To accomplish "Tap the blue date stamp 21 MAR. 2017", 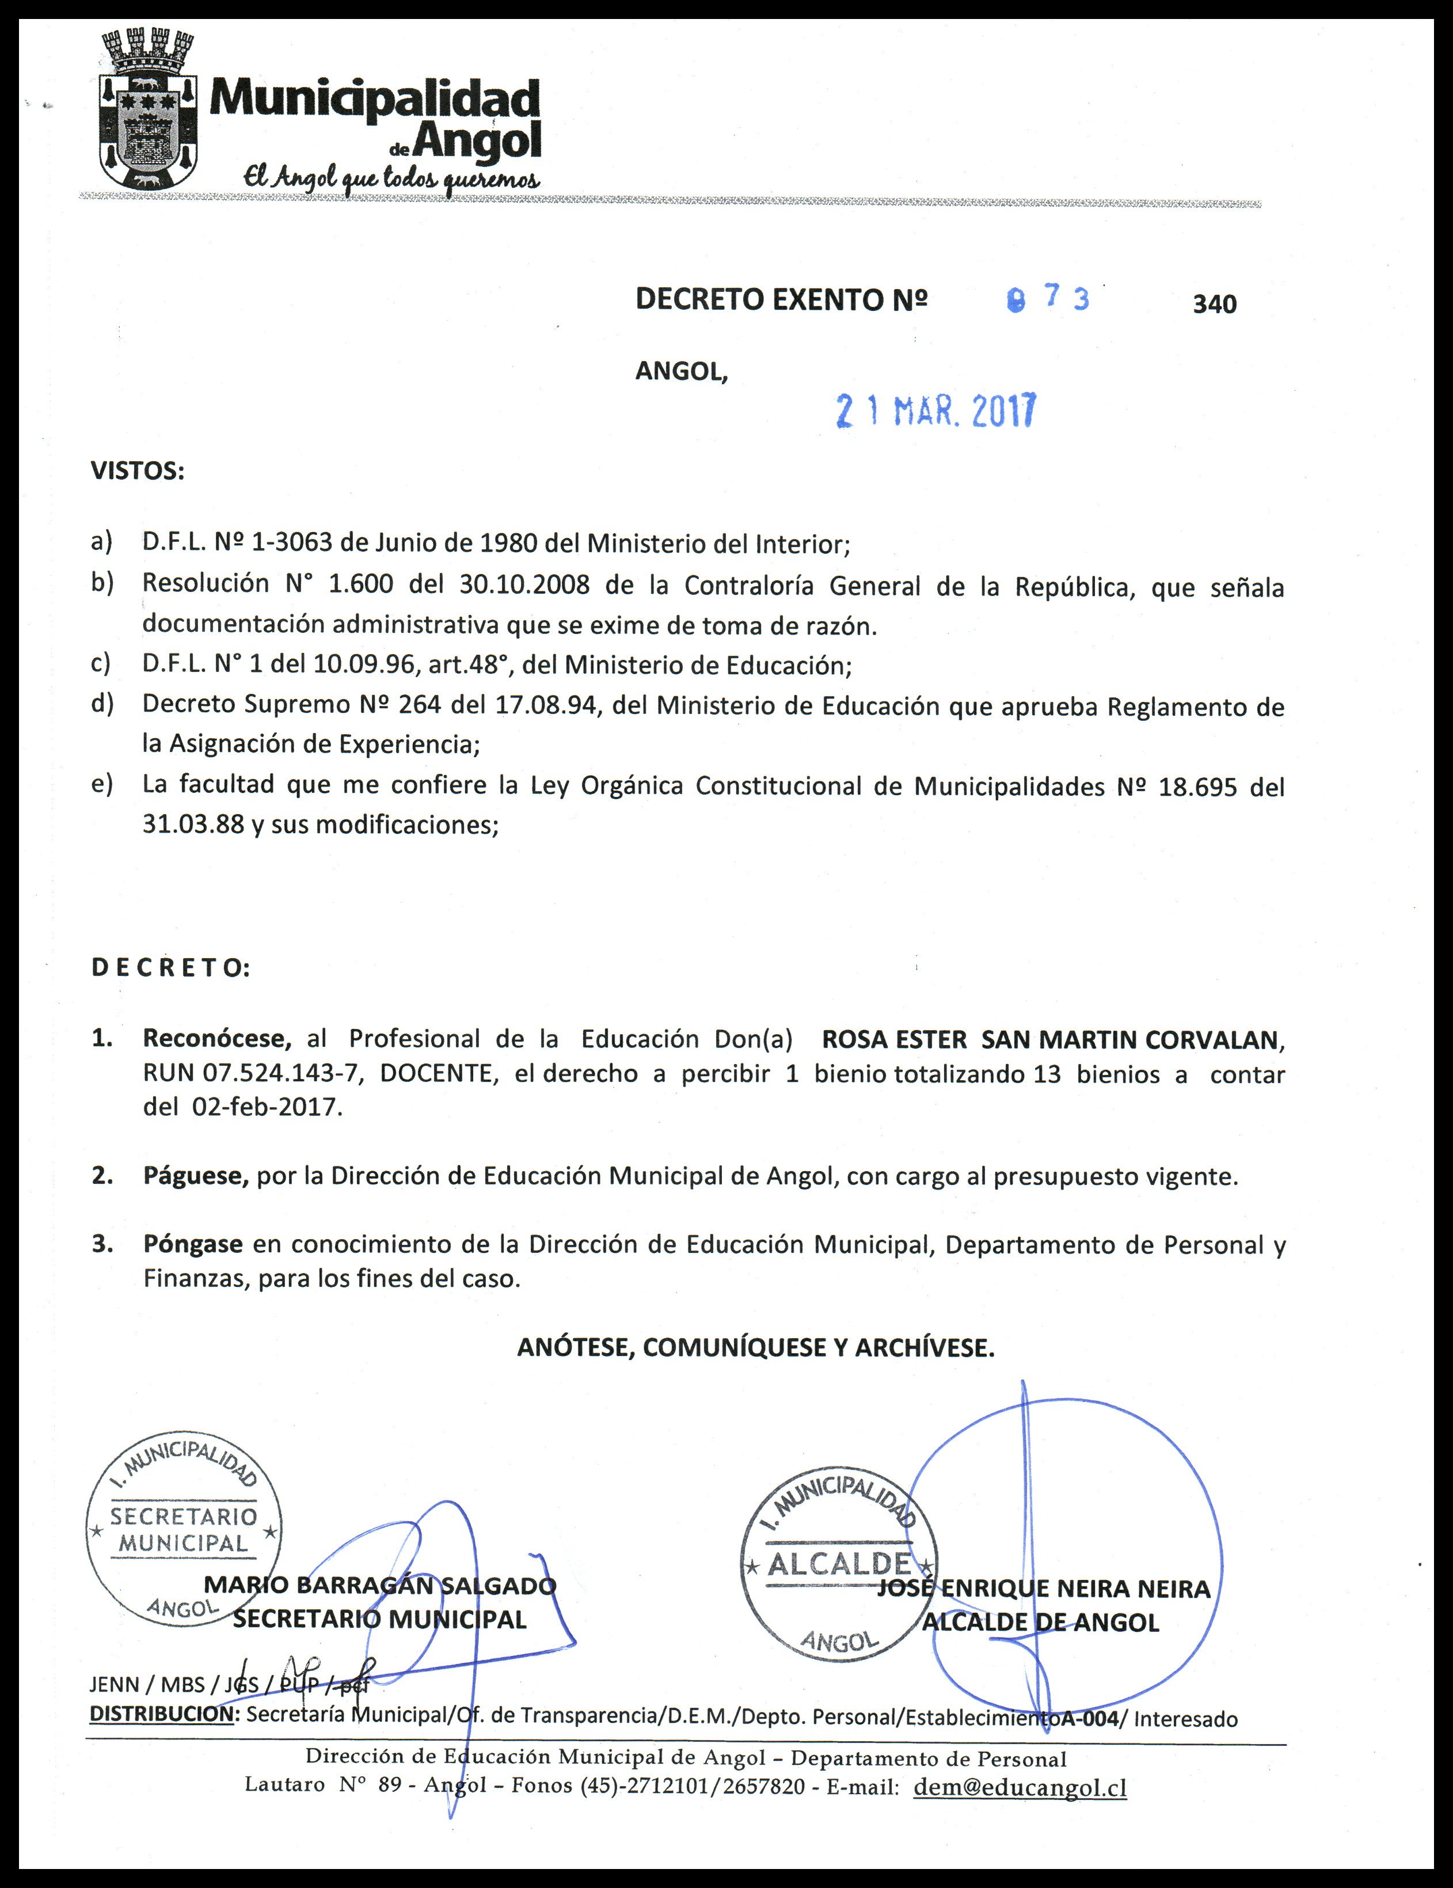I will tap(935, 412).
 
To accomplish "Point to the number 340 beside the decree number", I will tap(1215, 304).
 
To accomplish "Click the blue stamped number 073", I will tap(1048, 298).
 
